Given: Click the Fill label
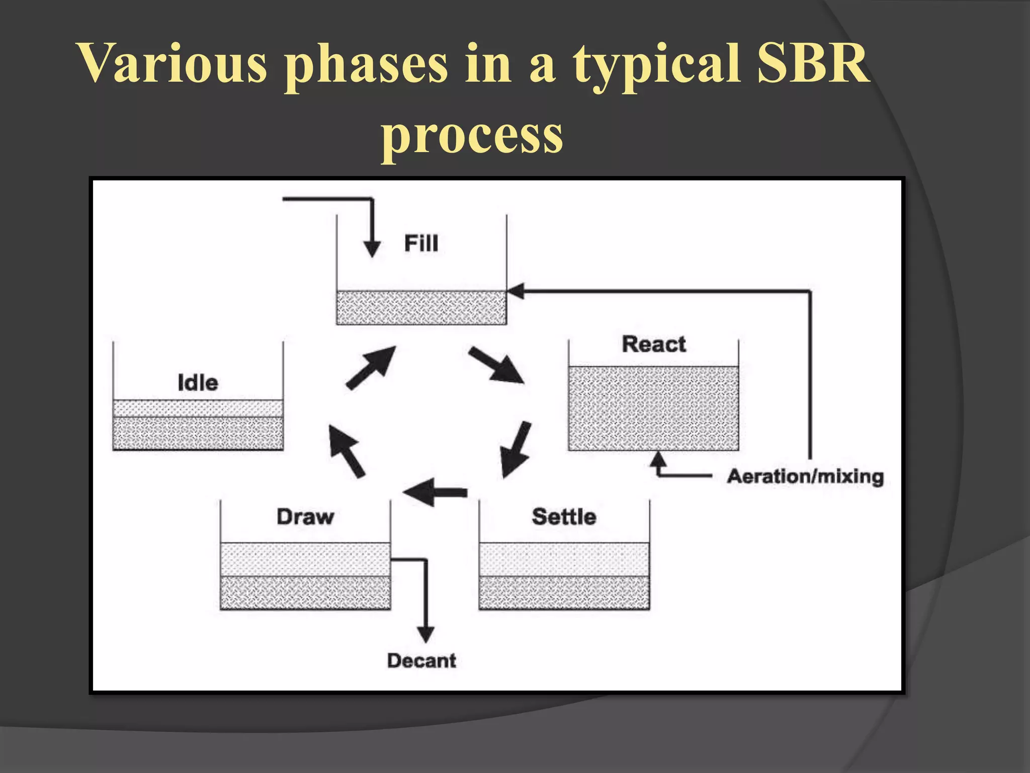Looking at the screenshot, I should [x=421, y=244].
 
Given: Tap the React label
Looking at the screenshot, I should [x=653, y=345].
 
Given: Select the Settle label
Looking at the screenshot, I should [x=564, y=517].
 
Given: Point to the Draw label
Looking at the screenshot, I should [x=305, y=517].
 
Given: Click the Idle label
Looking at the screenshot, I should [x=198, y=383].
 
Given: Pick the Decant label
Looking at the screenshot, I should [x=421, y=661].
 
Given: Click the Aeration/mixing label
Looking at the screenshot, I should [x=805, y=476].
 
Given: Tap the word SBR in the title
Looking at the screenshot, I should [x=812, y=64].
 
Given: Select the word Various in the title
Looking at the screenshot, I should [x=174, y=64].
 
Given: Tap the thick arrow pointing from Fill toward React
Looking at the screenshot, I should [x=495, y=365].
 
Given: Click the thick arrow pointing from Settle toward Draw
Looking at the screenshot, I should [x=435, y=492].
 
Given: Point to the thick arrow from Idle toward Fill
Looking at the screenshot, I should [x=371, y=367].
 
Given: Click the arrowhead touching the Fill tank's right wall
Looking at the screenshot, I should [x=516, y=291].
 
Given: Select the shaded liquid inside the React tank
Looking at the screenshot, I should [x=653, y=408].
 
